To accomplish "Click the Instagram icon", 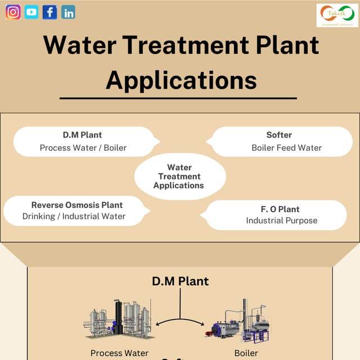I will [13, 12].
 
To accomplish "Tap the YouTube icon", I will [31, 12].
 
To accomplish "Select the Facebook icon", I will [49, 12].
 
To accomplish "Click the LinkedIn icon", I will [68, 12].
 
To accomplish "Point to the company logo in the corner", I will [337, 15].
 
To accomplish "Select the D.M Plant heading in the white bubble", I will [82, 135].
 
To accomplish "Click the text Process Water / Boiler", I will [83, 148].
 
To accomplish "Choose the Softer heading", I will [279, 135].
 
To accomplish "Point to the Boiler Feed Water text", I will [286, 148].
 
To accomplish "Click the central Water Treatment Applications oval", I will [179, 177].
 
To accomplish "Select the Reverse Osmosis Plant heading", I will [76, 205].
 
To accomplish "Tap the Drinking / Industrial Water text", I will [74, 217].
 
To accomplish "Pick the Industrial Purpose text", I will [281, 220].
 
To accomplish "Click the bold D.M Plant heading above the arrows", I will [180, 281].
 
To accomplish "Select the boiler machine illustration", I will [239, 323].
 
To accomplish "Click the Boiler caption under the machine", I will [246, 353].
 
